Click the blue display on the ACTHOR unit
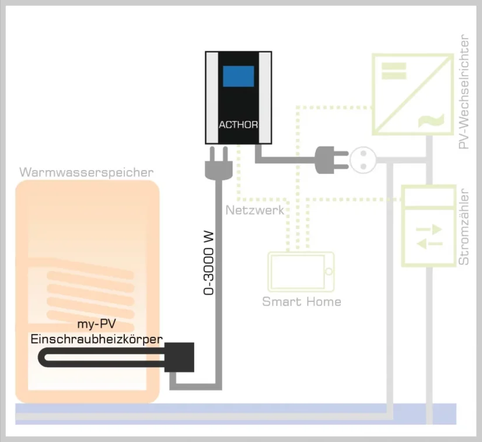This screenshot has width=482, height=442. pyautogui.click(x=239, y=77)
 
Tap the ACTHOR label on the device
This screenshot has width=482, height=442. pyautogui.click(x=237, y=125)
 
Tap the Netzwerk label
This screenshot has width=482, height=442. pyautogui.click(x=255, y=210)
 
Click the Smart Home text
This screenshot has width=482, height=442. pyautogui.click(x=301, y=302)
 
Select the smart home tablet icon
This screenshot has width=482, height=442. pyautogui.click(x=301, y=272)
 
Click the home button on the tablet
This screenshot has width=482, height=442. pyautogui.click(x=329, y=272)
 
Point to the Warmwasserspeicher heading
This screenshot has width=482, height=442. pyautogui.click(x=86, y=172)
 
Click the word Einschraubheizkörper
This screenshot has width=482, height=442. pyautogui.click(x=96, y=339)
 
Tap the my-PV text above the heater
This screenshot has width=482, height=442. pyautogui.click(x=96, y=325)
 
